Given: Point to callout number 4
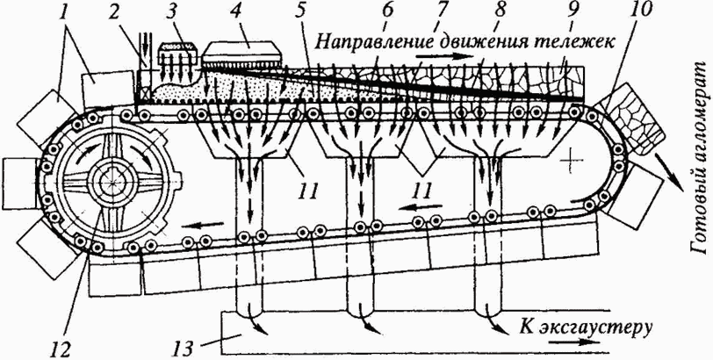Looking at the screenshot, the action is click(248, 18).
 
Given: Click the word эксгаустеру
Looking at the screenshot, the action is click(604, 328).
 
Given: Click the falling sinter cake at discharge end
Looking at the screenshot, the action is click(629, 120).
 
